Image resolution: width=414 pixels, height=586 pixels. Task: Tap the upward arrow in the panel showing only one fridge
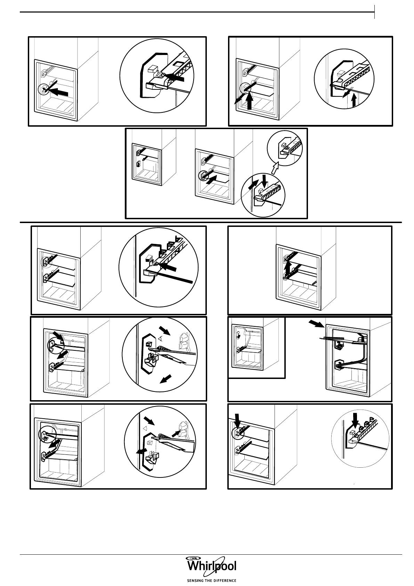tap(288, 267)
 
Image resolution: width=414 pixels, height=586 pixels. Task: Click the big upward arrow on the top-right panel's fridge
tap(249, 101)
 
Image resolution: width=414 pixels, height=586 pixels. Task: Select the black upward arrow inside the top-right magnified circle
tap(354, 100)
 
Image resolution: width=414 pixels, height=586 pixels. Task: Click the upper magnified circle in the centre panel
tap(285, 148)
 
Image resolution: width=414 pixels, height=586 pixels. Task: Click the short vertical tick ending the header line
tap(374, 12)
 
